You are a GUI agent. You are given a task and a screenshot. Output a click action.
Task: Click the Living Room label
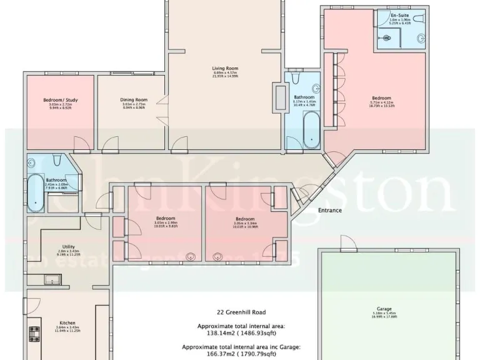point(225,69)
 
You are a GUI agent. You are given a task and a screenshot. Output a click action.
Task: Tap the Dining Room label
point(133,99)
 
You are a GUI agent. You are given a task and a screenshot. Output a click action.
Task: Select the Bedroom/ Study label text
point(60,99)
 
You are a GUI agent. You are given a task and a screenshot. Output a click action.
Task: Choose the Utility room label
point(69,246)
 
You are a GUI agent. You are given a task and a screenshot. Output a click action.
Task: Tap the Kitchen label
point(67,323)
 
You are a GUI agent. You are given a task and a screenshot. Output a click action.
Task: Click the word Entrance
point(329,211)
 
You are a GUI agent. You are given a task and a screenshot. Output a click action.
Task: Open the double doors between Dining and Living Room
point(162,106)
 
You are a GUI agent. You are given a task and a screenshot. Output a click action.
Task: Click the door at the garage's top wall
point(343,244)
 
